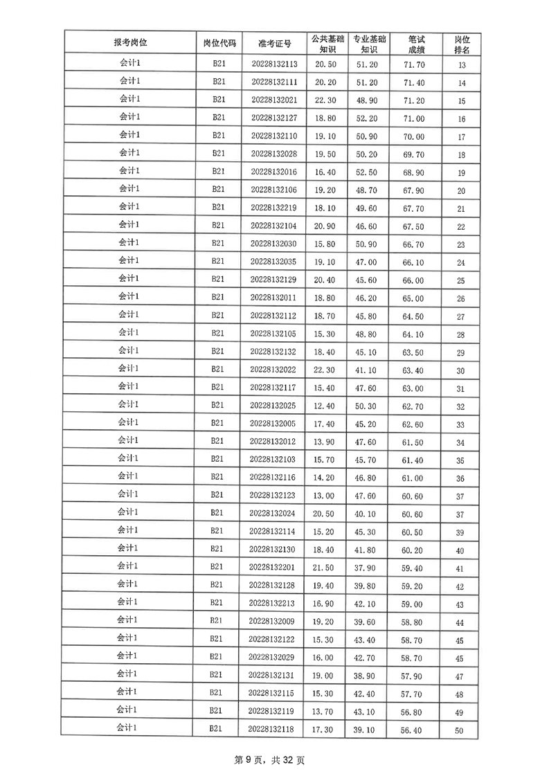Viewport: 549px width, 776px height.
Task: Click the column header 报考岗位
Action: (130, 43)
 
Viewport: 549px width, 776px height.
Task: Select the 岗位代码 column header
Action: (219, 43)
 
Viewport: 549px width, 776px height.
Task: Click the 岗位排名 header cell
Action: (462, 44)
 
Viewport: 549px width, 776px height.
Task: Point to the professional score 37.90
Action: (366, 568)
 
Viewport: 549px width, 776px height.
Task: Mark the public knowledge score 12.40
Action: (325, 405)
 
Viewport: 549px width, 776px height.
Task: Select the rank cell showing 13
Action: (462, 66)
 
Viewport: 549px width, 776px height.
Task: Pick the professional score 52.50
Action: (366, 172)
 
